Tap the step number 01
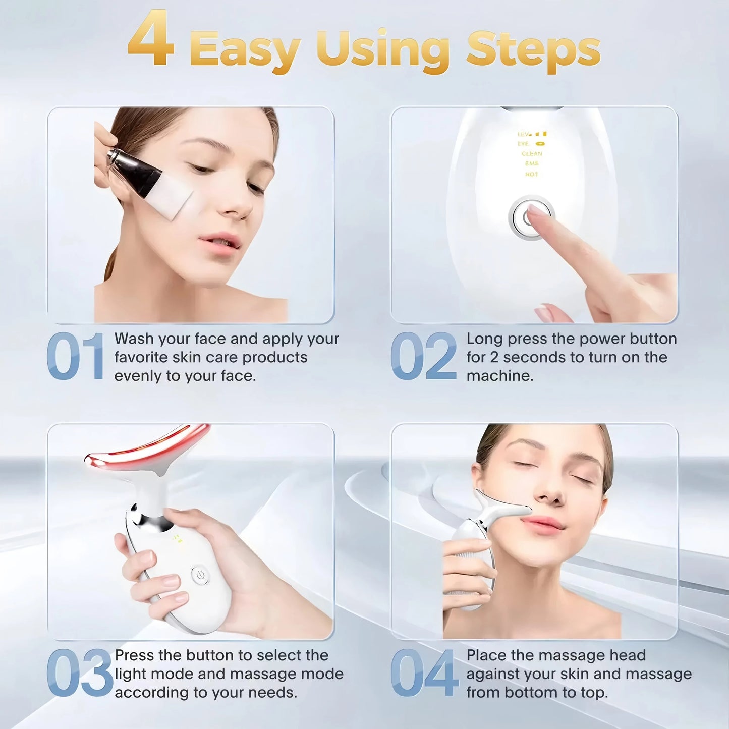(75, 356)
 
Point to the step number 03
(79, 673)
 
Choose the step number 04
(424, 673)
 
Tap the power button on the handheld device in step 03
(200, 575)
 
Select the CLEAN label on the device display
(532, 154)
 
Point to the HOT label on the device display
(531, 175)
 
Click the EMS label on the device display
(531, 164)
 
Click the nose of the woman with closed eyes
(547, 492)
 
